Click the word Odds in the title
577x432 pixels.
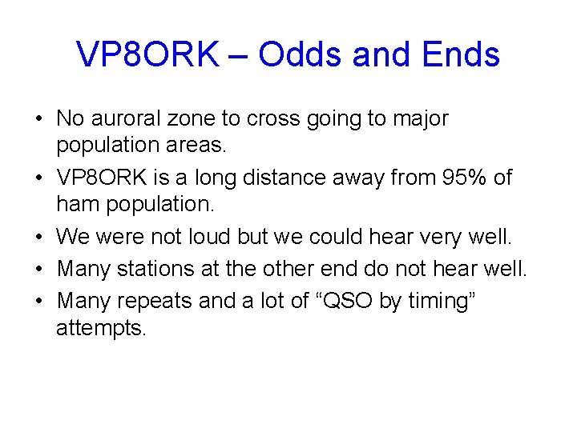coord(300,54)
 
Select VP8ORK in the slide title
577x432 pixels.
coord(147,54)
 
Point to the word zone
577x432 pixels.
coord(192,119)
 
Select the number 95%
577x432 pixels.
coord(442,177)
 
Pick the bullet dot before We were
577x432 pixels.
coord(38,238)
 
